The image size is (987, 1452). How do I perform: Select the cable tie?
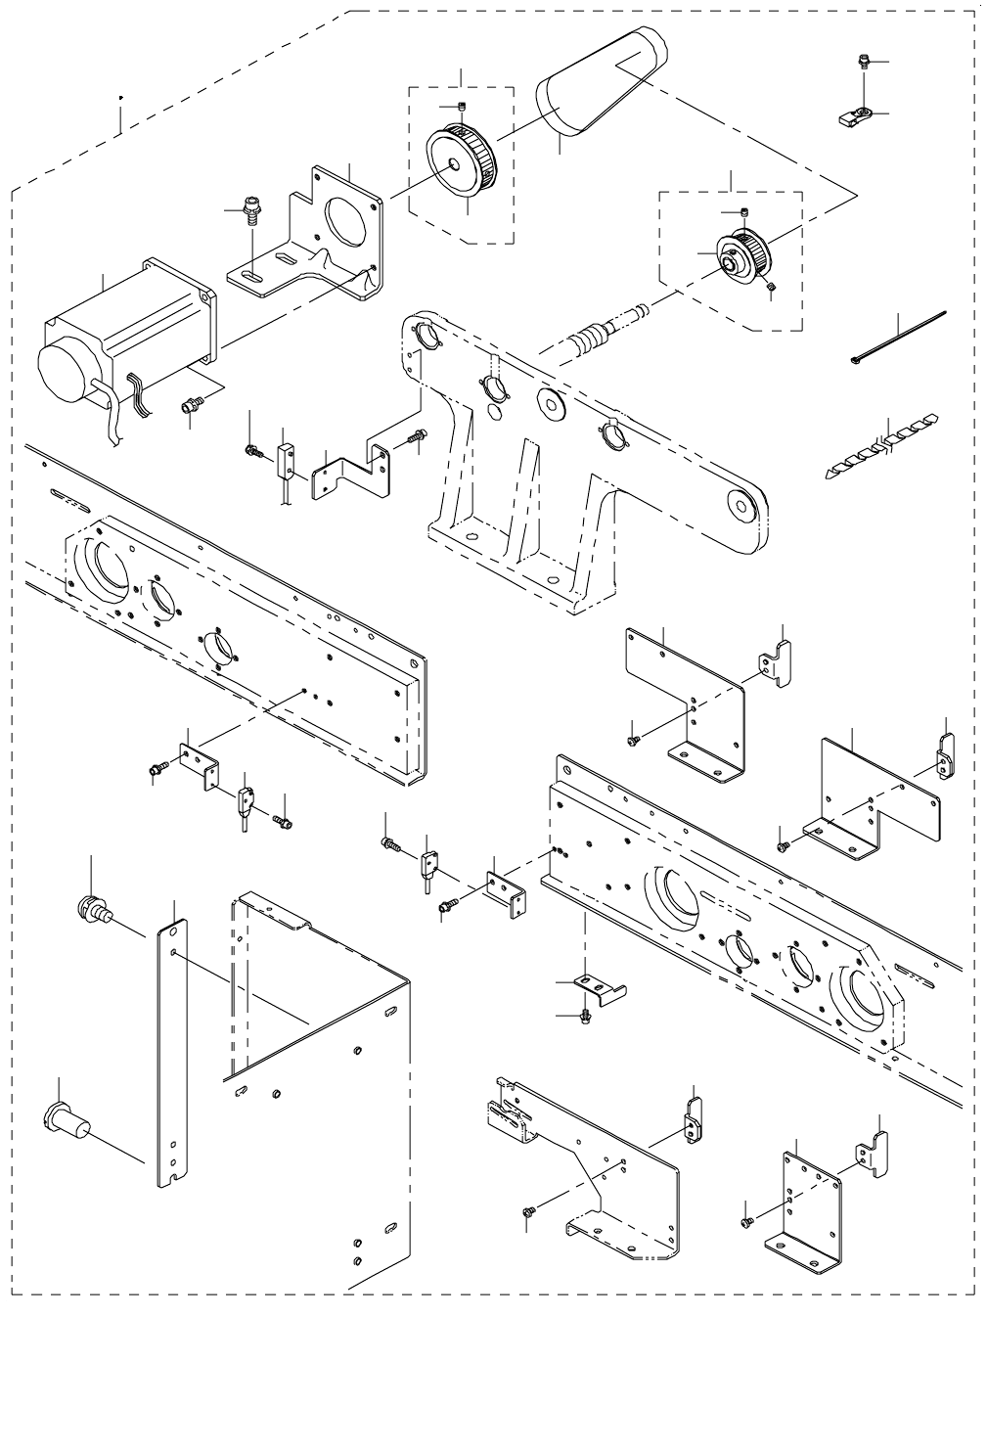pyautogui.click(x=897, y=338)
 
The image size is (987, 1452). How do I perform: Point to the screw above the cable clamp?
pyautogui.click(x=863, y=63)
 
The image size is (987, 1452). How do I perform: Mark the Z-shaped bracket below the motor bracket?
pyautogui.click(x=354, y=471)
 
